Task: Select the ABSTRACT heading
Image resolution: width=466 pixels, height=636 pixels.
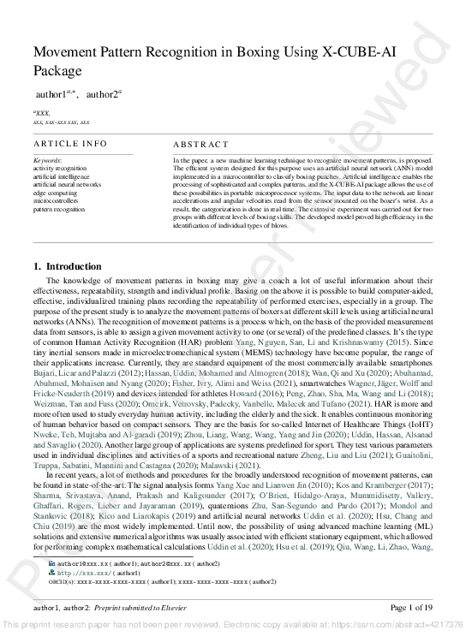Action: tap(201, 145)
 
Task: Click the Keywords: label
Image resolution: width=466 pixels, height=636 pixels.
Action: tap(47, 160)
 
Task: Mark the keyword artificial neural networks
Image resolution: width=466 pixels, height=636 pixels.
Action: tap(67, 184)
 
